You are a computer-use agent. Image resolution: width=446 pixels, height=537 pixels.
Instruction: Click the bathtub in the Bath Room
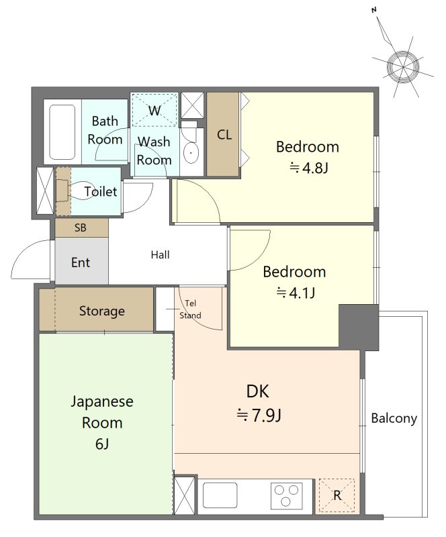pyautogui.click(x=62, y=132)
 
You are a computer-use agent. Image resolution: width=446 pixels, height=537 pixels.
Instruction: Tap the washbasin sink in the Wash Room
pyautogui.click(x=191, y=152)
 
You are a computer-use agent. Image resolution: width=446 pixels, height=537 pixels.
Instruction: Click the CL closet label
pyautogui.click(x=224, y=135)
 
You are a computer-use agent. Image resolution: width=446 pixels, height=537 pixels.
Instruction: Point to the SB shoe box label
pyautogui.click(x=81, y=228)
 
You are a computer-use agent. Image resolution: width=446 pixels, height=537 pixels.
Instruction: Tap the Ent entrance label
pyautogui.click(x=81, y=262)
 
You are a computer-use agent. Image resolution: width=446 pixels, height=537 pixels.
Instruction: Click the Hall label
pyautogui.click(x=160, y=255)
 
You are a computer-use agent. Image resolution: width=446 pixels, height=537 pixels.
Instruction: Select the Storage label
pyautogui.click(x=102, y=311)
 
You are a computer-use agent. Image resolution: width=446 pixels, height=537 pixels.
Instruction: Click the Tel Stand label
pyautogui.click(x=190, y=309)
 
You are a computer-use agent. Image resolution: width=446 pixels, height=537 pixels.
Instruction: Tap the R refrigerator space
pyautogui.click(x=337, y=495)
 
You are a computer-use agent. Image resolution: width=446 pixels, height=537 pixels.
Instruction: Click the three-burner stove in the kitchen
pyautogui.click(x=287, y=495)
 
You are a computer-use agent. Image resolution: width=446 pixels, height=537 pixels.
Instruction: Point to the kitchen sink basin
pyautogui.click(x=220, y=495)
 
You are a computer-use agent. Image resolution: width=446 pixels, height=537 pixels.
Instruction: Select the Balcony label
pyautogui.click(x=394, y=418)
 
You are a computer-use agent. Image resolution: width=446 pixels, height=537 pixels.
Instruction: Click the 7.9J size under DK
pyautogui.click(x=259, y=416)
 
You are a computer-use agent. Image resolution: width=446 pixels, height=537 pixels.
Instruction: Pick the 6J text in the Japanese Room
pyautogui.click(x=102, y=444)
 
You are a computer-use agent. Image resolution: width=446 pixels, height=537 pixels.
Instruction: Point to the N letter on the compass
pyautogui.click(x=374, y=10)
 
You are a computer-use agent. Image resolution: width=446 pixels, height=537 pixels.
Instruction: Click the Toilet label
pyautogui.click(x=101, y=191)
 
